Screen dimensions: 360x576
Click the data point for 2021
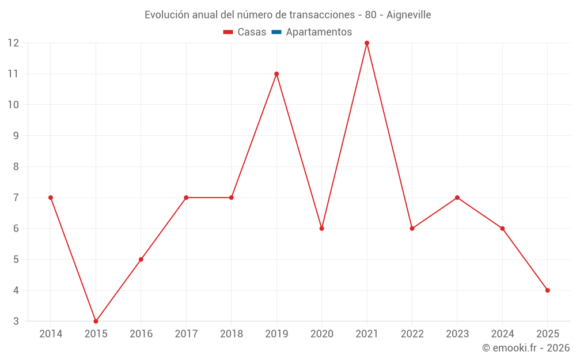[x=367, y=43]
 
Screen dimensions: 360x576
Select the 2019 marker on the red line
[x=276, y=74]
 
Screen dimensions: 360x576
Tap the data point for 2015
[x=96, y=321]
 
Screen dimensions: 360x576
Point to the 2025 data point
[x=548, y=290]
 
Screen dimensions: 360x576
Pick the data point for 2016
[x=141, y=259]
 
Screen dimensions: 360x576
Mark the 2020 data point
[x=322, y=229]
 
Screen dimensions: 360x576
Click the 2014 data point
[x=51, y=198]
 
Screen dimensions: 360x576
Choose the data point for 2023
[x=457, y=198]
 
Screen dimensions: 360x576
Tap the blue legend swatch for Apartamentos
[x=276, y=32]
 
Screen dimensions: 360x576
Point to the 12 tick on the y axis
[x=13, y=43]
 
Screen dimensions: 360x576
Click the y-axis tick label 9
[x=16, y=136]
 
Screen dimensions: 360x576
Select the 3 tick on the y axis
[x=16, y=321]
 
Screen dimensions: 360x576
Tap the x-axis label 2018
[x=232, y=334]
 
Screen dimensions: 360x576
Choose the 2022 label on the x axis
[x=412, y=334]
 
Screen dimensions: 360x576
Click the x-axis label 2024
[x=502, y=334]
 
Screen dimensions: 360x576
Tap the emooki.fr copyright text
[x=526, y=348]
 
